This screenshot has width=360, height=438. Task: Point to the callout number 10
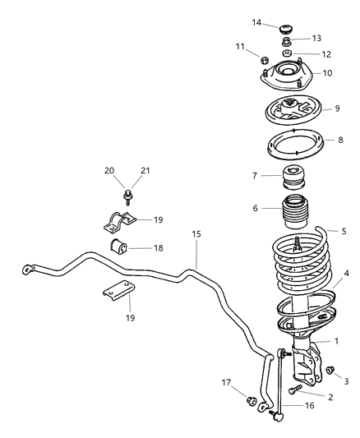[327, 73]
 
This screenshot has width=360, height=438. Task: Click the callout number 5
[331, 231]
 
